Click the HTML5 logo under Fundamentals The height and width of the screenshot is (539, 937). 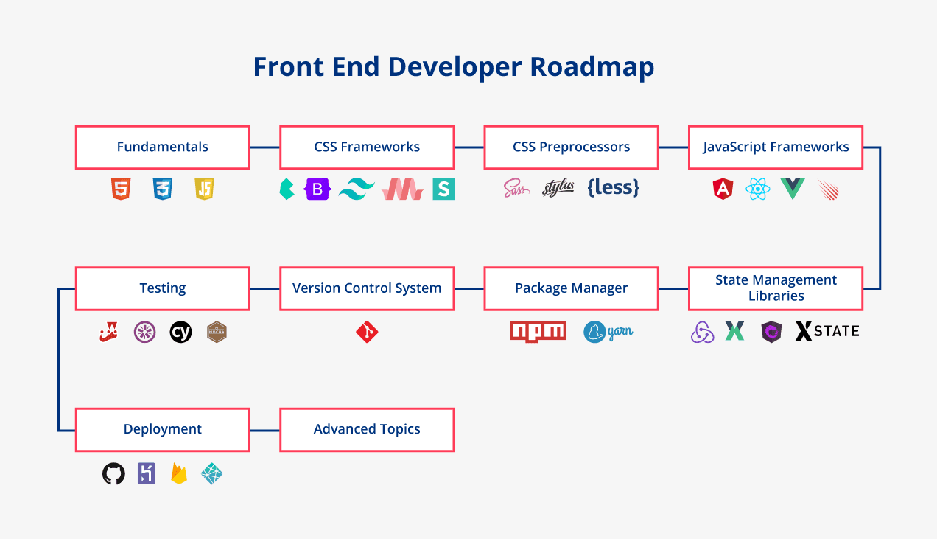121,189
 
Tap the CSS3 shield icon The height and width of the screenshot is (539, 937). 163,189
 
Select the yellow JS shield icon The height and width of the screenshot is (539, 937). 204,189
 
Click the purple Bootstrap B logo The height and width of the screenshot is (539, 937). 317,189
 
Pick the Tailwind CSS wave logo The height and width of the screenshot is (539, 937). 357,189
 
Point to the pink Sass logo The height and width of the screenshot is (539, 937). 516,189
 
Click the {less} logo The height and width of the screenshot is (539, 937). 613,188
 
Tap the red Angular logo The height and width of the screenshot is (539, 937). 723,189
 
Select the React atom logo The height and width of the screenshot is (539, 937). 758,189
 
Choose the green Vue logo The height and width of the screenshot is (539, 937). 793,189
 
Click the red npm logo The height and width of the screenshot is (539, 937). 538,332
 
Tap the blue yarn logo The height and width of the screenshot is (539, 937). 608,332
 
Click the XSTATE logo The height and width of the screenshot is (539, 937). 827,331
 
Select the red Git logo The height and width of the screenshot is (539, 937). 367,333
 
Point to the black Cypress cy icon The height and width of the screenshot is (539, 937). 180,332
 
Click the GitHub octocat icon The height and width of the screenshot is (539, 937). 113,473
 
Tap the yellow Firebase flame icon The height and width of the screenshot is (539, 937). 179,473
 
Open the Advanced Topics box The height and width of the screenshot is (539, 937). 367,429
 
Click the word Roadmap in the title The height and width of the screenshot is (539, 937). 592,67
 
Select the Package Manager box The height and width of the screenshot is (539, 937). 571,288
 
